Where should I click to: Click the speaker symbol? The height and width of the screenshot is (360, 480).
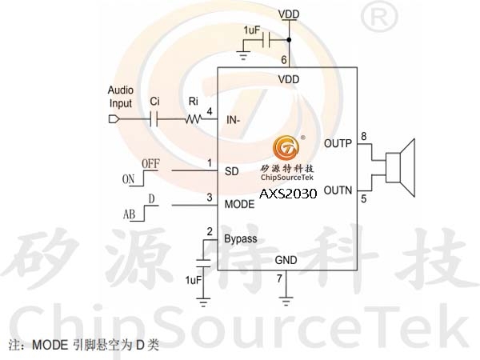click(x=401, y=168)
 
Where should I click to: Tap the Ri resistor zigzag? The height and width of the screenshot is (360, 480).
click(x=193, y=118)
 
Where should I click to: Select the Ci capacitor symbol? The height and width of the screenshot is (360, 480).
click(x=154, y=119)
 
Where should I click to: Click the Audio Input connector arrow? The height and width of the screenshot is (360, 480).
click(x=114, y=119)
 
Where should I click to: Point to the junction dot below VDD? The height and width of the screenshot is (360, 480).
click(x=289, y=40)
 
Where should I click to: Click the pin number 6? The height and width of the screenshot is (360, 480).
click(x=284, y=60)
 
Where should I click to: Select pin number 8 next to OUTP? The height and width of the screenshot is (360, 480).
click(x=364, y=136)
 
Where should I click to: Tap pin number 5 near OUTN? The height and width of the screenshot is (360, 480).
click(x=364, y=199)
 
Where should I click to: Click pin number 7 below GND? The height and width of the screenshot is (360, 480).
click(x=279, y=278)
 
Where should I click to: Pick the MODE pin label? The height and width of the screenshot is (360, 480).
click(x=239, y=204)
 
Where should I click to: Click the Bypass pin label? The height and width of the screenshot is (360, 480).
click(x=241, y=239)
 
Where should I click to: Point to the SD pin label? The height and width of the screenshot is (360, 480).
click(x=231, y=171)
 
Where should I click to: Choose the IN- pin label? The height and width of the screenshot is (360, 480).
click(x=234, y=120)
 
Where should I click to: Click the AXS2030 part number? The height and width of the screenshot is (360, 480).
click(x=288, y=194)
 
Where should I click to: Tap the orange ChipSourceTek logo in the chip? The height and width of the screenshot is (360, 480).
click(x=286, y=148)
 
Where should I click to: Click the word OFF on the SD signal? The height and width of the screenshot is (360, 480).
click(x=150, y=164)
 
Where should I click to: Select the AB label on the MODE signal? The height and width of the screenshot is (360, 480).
click(x=129, y=214)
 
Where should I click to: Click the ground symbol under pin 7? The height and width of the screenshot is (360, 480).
click(x=286, y=302)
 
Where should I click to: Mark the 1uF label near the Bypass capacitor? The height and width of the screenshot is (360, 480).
click(x=193, y=280)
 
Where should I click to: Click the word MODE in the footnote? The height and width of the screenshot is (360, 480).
click(x=50, y=345)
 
